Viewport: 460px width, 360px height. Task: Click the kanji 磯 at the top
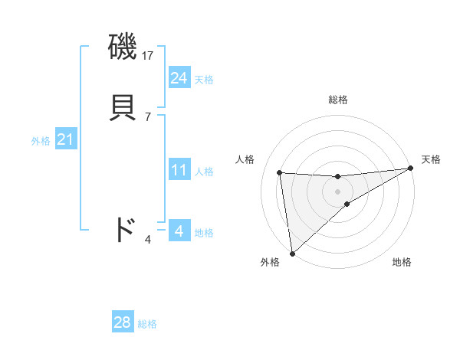click(x=123, y=47)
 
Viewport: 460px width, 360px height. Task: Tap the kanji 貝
click(x=123, y=105)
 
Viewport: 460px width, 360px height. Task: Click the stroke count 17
click(x=148, y=55)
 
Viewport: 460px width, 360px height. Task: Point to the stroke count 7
click(x=148, y=116)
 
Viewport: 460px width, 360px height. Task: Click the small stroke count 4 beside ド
click(x=148, y=241)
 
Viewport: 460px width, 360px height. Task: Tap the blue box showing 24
click(x=179, y=78)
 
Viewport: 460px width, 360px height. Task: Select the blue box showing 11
click(x=179, y=170)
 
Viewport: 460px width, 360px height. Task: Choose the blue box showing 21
click(x=65, y=140)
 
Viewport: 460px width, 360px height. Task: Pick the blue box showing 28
click(x=122, y=322)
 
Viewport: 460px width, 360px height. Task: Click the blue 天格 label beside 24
click(x=204, y=80)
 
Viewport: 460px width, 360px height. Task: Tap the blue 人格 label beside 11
click(x=204, y=172)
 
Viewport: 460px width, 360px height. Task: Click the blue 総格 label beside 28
click(x=147, y=324)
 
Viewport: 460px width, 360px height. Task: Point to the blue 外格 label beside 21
click(x=41, y=141)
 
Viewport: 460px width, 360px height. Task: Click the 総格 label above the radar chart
click(x=338, y=100)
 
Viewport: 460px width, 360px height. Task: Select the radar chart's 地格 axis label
click(x=402, y=262)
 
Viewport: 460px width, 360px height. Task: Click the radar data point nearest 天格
click(x=410, y=169)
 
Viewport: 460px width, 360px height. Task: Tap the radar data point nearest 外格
click(x=291, y=253)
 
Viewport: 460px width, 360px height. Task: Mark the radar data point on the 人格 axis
click(x=280, y=172)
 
